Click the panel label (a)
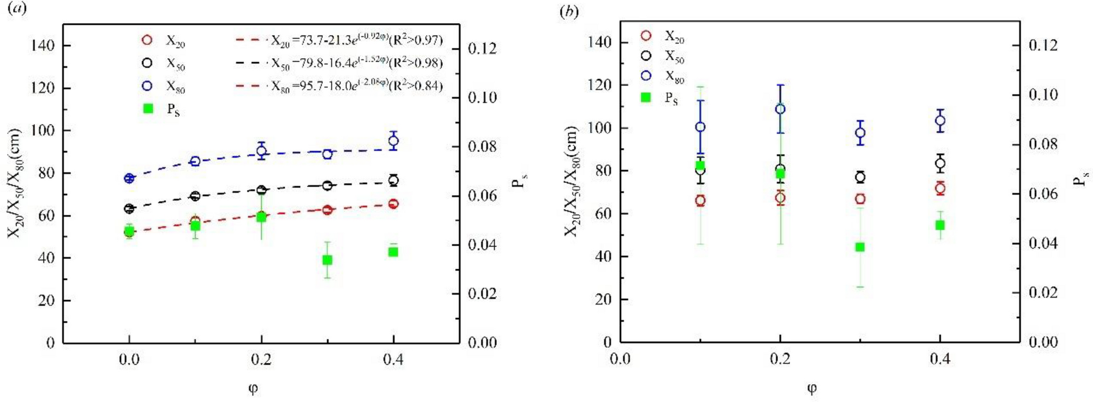pos(17,9)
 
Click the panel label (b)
pos(569,11)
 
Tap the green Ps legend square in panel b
pos(646,97)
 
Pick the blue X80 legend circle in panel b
pos(646,75)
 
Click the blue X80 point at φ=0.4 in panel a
pos(393,141)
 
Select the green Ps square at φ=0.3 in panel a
pos(327,259)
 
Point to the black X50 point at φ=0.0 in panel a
pos(129,208)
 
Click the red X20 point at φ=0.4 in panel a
pos(393,204)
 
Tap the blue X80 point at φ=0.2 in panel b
pos(780,109)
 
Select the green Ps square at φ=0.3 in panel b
pos(860,247)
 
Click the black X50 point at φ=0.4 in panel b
pos(940,163)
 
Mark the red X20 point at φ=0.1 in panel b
pos(700,200)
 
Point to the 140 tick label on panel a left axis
pos(42,45)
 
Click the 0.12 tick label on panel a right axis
pos(482,48)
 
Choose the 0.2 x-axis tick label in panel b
pos(780,359)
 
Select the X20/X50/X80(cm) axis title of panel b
pos(571,181)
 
